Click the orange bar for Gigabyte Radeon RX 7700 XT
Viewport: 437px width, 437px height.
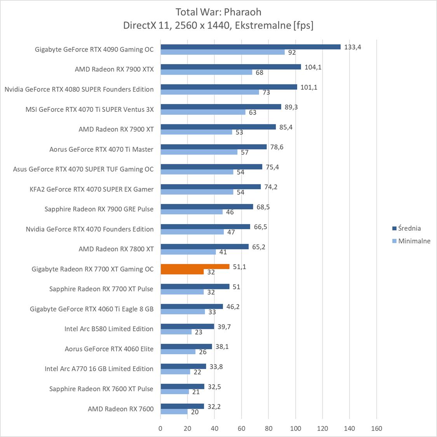[x=195, y=266]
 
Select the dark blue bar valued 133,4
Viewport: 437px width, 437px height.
[x=250, y=47]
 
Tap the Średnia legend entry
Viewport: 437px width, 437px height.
[x=409, y=228]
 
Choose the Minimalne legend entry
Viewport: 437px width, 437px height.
[x=414, y=241]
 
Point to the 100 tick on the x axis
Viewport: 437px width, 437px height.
[x=296, y=428]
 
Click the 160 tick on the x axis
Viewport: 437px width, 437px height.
[x=376, y=428]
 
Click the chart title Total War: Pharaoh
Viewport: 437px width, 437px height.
[x=218, y=12]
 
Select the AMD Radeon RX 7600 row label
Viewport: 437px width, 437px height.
[x=120, y=409]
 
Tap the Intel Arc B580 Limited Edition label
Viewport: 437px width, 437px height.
[x=109, y=329]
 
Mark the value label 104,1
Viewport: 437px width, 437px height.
[x=313, y=67]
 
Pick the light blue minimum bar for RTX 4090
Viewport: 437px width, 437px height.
[x=223, y=52]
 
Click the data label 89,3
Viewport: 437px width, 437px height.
[x=291, y=107]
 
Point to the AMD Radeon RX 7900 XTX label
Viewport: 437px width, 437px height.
[x=114, y=69]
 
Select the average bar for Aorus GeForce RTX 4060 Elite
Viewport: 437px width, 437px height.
[x=186, y=346]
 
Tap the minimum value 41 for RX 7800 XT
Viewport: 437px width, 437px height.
[x=223, y=252]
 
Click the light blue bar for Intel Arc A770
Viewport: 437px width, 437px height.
[x=175, y=372]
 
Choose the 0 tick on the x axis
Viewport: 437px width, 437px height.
[x=160, y=428]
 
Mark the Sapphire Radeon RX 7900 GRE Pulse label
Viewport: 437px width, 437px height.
[x=99, y=209]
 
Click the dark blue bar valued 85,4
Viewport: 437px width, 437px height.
[x=218, y=127]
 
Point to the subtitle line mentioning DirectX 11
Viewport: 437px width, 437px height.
[x=218, y=25]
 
